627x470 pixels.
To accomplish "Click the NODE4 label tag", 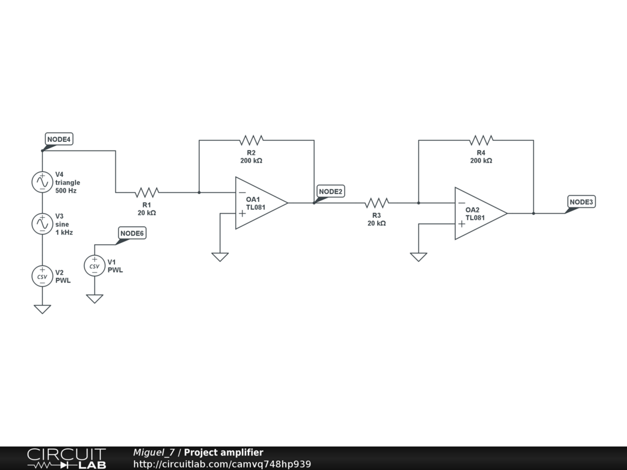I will pos(59,140).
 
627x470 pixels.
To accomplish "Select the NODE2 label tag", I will pos(331,192).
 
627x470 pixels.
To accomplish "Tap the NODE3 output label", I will pos(581,202).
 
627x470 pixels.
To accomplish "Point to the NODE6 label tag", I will pos(132,233).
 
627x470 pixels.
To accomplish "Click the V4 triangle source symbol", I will pos(42,182).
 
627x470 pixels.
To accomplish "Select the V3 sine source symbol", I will pos(42,224).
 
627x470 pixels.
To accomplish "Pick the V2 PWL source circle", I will pos(42,276).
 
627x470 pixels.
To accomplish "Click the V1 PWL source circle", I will pos(94,266).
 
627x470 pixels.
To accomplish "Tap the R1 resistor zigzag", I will pos(146,192).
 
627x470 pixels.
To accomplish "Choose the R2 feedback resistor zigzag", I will pos(251,140).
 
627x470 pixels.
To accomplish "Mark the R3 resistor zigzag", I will pos(377,203).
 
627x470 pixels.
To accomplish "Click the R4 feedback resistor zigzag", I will pos(481,140).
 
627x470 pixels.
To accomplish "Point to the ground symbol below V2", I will pos(42,309).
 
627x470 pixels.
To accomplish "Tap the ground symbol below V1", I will pos(94,299).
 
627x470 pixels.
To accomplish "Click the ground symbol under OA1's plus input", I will pos(220,257).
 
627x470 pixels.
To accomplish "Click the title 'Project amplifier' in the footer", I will pos(223,452).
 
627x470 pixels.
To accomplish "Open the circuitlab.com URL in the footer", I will pos(222,464).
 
